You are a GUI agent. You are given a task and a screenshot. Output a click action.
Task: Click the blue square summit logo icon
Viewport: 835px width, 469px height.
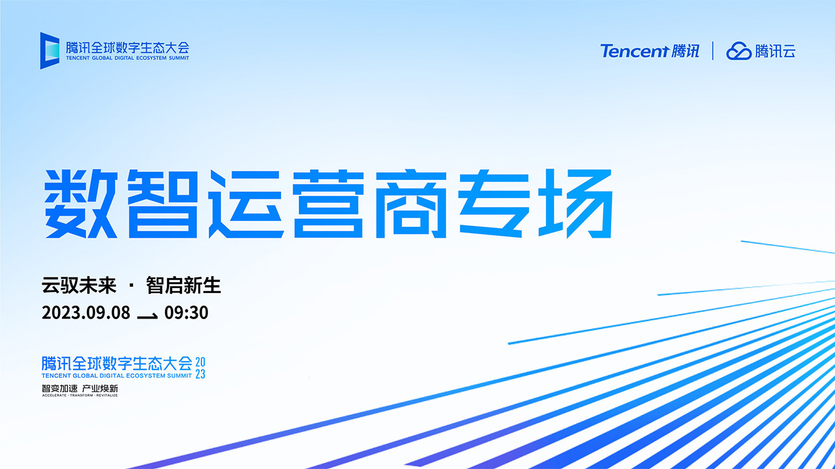(50, 51)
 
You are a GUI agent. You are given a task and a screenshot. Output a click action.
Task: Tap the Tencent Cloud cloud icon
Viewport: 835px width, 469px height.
(738, 51)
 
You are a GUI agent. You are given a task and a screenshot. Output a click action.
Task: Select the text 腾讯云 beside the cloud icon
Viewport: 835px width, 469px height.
(776, 51)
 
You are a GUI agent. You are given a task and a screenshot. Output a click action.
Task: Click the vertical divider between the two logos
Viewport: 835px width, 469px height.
(713, 51)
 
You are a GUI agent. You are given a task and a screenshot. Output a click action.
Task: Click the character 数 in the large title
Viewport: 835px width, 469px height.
(81, 204)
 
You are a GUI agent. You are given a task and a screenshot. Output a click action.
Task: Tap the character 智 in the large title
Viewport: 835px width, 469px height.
(163, 204)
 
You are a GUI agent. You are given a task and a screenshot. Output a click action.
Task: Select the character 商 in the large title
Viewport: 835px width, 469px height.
(411, 204)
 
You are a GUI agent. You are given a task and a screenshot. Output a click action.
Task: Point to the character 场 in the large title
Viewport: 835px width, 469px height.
(575, 204)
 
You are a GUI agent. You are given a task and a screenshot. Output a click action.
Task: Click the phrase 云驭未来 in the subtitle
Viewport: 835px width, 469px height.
(79, 285)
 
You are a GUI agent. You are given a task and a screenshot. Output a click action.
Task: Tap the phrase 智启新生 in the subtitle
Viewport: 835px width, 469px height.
(183, 285)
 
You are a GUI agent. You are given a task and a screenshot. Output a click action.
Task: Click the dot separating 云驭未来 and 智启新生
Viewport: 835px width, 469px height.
(131, 286)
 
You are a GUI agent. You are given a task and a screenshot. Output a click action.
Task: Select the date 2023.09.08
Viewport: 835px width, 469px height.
(86, 313)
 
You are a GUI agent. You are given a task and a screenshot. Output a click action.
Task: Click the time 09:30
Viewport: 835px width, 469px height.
(187, 313)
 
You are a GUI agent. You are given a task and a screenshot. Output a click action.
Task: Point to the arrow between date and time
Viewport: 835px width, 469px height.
(147, 317)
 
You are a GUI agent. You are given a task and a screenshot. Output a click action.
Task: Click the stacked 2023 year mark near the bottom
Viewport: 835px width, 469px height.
(200, 368)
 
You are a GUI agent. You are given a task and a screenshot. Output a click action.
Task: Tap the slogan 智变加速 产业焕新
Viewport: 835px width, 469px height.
(80, 389)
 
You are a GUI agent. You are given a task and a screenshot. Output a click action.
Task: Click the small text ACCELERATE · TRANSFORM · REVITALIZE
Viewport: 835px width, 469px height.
(80, 395)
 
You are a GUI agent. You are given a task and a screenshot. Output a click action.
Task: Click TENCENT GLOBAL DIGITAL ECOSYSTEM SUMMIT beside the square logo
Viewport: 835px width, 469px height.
(127, 58)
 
